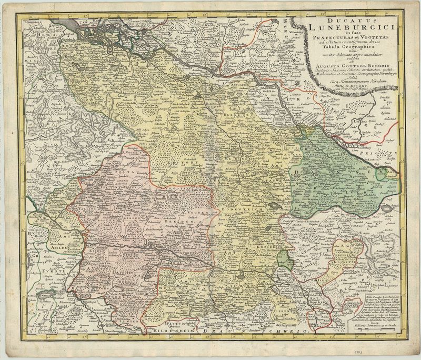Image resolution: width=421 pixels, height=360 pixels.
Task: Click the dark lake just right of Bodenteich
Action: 274,207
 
